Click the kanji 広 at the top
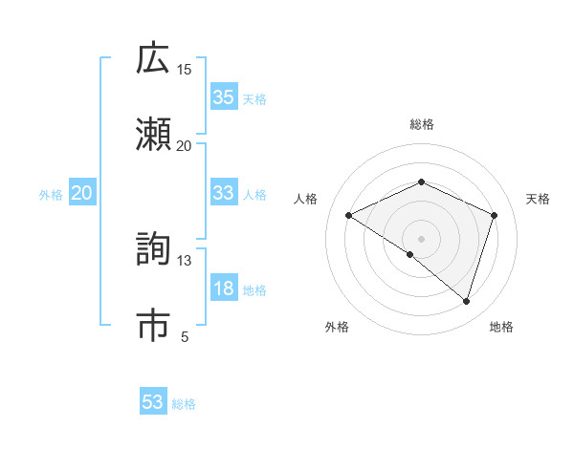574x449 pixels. click(153, 58)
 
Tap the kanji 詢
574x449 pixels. click(153, 249)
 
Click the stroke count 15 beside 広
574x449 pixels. click(184, 69)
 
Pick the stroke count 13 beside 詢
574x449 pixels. click(184, 260)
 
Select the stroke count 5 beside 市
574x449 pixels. click(185, 336)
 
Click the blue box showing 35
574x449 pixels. click(223, 97)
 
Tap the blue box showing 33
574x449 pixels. click(223, 193)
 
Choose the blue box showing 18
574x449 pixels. click(223, 289)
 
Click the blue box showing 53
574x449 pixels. click(153, 402)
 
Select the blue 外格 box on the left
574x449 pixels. click(81, 193)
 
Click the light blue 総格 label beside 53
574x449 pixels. click(184, 404)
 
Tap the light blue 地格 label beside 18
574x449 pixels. click(254, 290)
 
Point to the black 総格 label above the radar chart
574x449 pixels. click(421, 124)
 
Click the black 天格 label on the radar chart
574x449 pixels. click(538, 199)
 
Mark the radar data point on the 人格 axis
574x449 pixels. click(349, 216)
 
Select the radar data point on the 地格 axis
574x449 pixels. click(466, 301)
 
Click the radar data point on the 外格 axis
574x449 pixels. click(410, 254)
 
